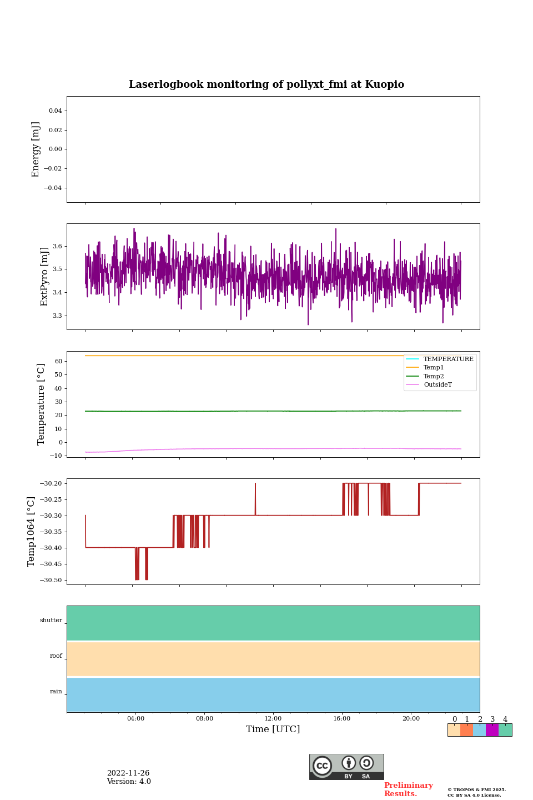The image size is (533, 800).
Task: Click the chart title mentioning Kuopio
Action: pyautogui.click(x=266, y=84)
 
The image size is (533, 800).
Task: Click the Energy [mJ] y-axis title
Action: pyautogui.click(x=36, y=149)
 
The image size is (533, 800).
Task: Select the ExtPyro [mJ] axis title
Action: pyautogui.click(x=44, y=277)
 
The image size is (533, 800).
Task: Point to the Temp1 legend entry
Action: pyautogui.click(x=434, y=368)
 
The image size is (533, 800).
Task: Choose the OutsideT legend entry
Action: pyautogui.click(x=438, y=385)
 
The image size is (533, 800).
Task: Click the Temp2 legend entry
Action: pyautogui.click(x=434, y=376)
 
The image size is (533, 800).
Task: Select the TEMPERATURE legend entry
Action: pyautogui.click(x=448, y=359)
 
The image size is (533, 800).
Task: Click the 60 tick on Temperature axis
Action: pyautogui.click(x=58, y=361)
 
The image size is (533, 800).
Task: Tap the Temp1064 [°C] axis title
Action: pyautogui.click(x=31, y=532)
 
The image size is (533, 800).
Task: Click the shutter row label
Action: pyautogui.click(x=51, y=621)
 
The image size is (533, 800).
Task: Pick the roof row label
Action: pyautogui.click(x=56, y=656)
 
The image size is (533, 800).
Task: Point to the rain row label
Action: pyautogui.click(x=56, y=692)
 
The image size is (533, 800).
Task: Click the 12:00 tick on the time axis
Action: pyautogui.click(x=273, y=719)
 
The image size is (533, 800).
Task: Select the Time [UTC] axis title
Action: pyautogui.click(x=273, y=729)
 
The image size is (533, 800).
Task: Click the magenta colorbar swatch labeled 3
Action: pyautogui.click(x=492, y=730)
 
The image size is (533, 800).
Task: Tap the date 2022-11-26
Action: pyautogui.click(x=128, y=773)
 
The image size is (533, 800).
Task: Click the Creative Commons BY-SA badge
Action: pyautogui.click(x=346, y=767)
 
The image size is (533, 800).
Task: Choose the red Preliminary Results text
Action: pyautogui.click(x=408, y=789)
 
